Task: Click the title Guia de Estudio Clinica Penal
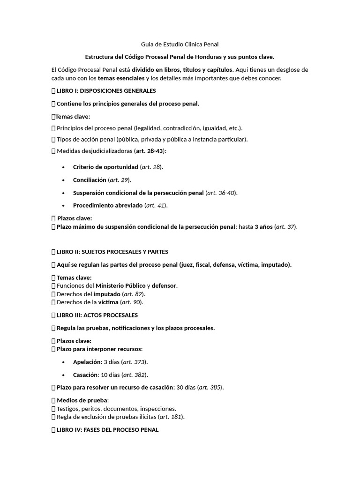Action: pyautogui.click(x=180, y=44)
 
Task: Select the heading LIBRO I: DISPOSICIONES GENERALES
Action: pyautogui.click(x=106, y=90)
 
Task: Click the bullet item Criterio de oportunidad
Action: pyautogui.click(x=105, y=167)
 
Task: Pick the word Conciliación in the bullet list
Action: pyautogui.click(x=90, y=180)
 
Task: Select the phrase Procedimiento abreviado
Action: pyautogui.click(x=107, y=205)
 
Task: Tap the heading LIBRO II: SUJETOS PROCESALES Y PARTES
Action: pyautogui.click(x=112, y=252)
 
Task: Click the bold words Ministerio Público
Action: pyautogui.click(x=120, y=285)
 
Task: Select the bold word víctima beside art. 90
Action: pyautogui.click(x=108, y=302)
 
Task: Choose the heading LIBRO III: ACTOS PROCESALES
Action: pyautogui.click(x=97, y=315)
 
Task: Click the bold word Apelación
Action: pyautogui.click(x=87, y=362)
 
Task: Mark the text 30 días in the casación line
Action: pyautogui.click(x=186, y=388)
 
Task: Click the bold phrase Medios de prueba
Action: pyautogui.click(x=82, y=400)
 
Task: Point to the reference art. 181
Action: pyautogui.click(x=171, y=417)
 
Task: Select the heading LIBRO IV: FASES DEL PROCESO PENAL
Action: pyautogui.click(x=107, y=429)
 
